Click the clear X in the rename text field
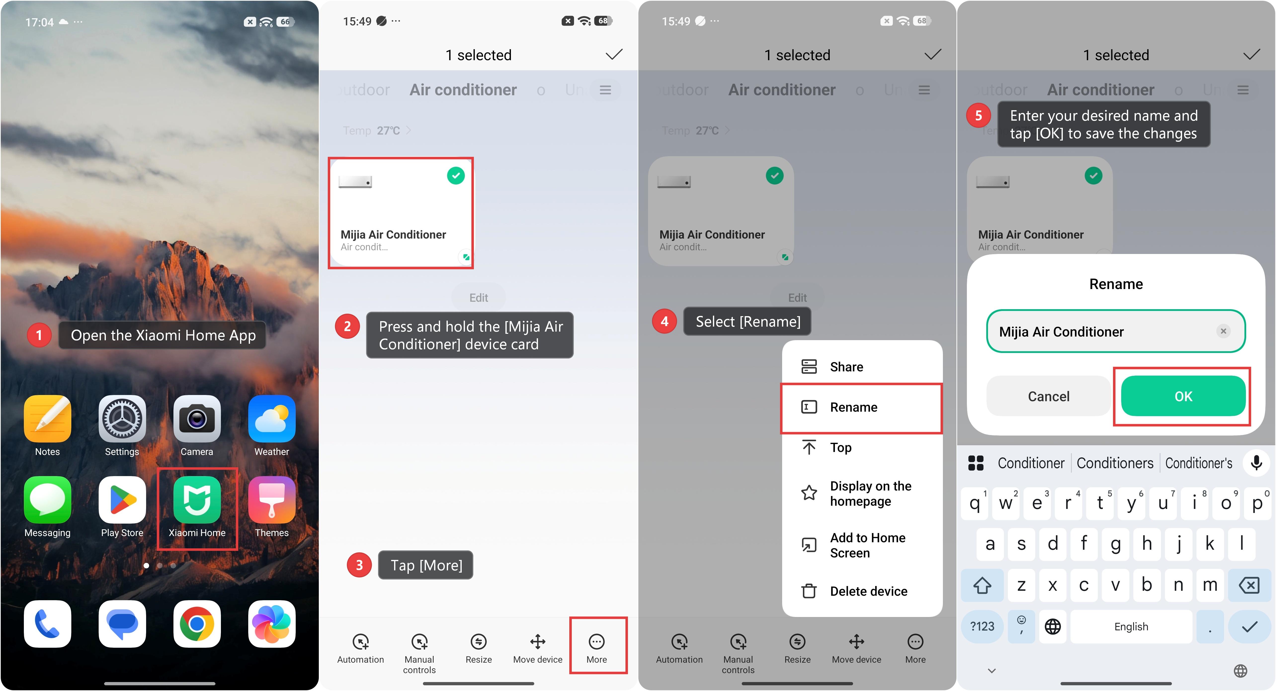pos(1223,331)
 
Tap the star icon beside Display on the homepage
pos(809,493)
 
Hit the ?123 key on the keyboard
pos(982,627)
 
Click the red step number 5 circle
pos(978,115)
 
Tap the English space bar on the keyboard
pos(1131,627)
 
